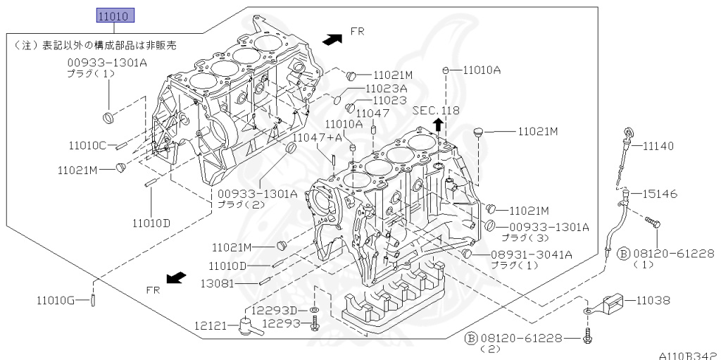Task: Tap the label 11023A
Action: tap(386, 89)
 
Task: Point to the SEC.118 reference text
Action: tap(435, 111)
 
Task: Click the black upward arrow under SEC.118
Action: tap(437, 125)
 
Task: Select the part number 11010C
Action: tap(87, 146)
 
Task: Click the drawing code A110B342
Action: tap(689, 354)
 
